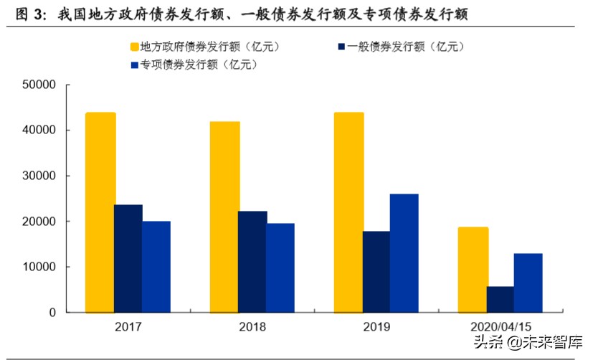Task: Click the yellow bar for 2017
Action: (x=100, y=212)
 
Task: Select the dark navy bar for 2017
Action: (x=128, y=258)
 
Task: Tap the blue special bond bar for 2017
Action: (x=156, y=267)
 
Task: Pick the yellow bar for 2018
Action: (x=224, y=217)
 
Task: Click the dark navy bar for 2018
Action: (x=252, y=262)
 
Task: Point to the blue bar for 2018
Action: (x=280, y=267)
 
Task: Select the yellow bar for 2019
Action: (x=348, y=212)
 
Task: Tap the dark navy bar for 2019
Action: (x=376, y=272)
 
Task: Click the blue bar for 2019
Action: (x=404, y=253)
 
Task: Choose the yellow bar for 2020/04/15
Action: (x=473, y=270)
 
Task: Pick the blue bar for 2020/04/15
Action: (x=528, y=283)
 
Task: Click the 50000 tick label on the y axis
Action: (x=39, y=85)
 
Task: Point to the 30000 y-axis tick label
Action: (x=39, y=176)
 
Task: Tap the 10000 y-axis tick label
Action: (x=39, y=267)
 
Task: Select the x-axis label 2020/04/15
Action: (x=501, y=327)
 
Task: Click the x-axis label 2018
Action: (x=252, y=327)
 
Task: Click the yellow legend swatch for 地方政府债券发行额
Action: (x=133, y=47)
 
